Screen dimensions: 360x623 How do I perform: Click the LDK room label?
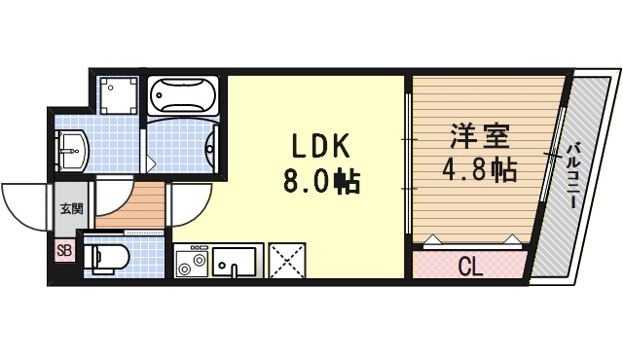(315, 147)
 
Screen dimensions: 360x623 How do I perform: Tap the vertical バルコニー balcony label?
(574, 179)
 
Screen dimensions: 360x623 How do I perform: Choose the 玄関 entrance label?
(70, 208)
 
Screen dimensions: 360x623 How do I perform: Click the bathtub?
(185, 96)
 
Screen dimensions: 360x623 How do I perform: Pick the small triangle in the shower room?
(151, 160)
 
